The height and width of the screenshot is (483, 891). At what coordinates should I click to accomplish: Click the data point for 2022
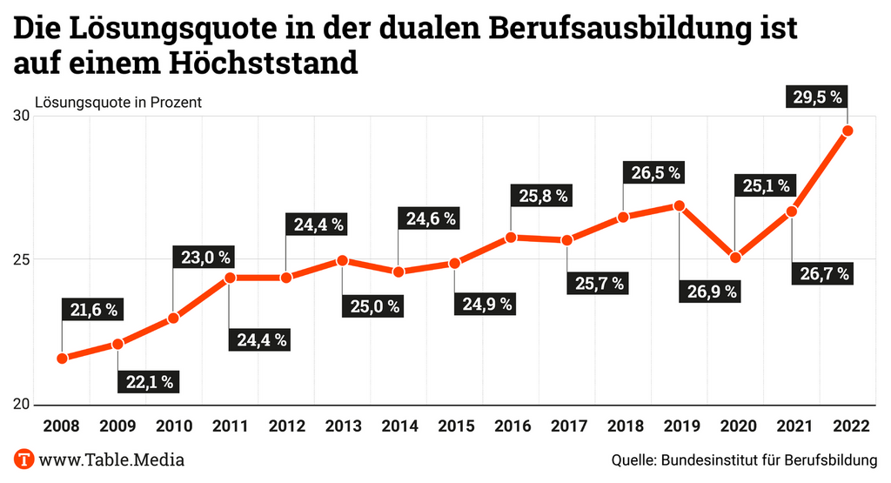click(x=847, y=131)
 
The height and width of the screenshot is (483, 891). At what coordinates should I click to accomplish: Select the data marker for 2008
click(x=62, y=359)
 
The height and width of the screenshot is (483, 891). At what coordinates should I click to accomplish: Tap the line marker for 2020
click(x=735, y=258)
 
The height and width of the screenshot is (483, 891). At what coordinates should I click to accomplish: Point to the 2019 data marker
click(x=680, y=206)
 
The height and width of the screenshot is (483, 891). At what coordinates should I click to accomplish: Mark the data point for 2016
click(x=511, y=238)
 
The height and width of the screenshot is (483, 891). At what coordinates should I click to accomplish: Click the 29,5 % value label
click(x=817, y=97)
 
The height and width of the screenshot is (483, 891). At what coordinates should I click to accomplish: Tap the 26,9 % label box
click(x=707, y=292)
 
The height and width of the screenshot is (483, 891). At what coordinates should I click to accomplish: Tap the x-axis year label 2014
click(x=399, y=427)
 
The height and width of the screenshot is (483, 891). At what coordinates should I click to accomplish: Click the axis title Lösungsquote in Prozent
click(x=118, y=102)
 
